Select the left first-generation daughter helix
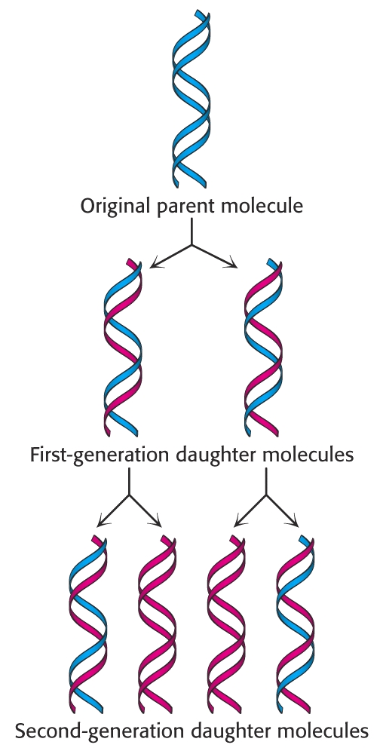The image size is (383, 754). pos(123,348)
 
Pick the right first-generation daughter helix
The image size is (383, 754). pos(263,348)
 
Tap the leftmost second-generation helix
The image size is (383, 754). pos(87,624)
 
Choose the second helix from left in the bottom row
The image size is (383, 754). pos(157,624)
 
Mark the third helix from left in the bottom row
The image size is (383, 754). pos(226,624)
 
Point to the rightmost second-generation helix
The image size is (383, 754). pos(296,624)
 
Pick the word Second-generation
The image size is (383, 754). pos(99,731)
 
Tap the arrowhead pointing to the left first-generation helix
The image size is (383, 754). pos(155,263)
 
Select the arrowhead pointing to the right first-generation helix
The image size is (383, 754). pos(232,263)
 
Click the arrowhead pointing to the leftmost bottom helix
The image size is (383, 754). pos(102,523)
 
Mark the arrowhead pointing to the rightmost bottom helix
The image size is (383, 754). pos(294,523)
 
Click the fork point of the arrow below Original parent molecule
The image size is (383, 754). pos(192,245)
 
